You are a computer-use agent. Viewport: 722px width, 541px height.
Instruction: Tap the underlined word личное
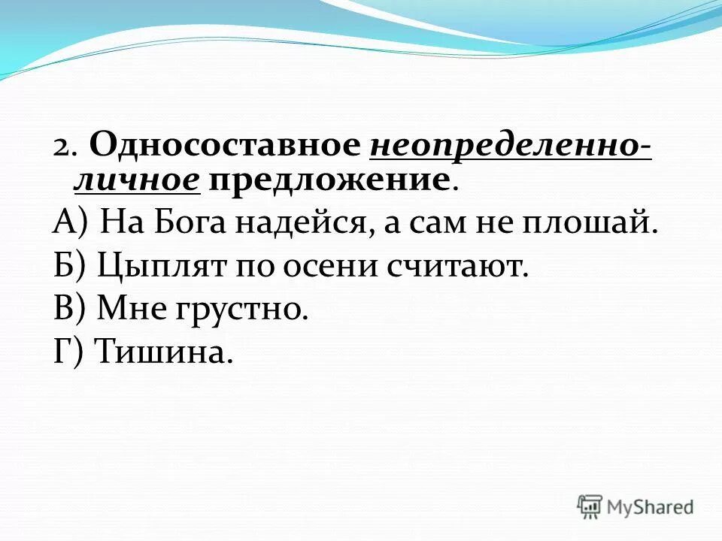[x=137, y=180]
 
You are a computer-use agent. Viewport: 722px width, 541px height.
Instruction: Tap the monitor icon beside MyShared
[x=590, y=506]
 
